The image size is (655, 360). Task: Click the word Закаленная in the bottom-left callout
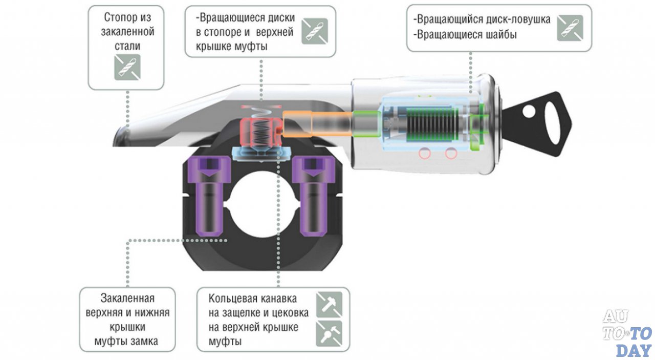click(x=127, y=298)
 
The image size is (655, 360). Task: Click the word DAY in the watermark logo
click(x=634, y=350)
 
